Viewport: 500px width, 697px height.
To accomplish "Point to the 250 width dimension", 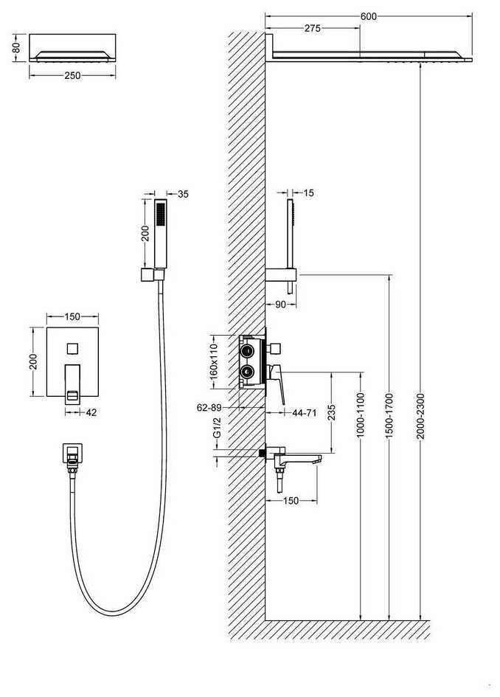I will [x=72, y=74].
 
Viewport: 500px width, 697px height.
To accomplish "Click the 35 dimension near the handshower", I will [x=183, y=194].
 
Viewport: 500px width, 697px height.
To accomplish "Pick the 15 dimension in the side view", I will [x=308, y=193].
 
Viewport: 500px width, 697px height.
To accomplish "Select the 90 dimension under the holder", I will [x=279, y=304].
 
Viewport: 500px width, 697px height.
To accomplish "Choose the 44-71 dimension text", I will [x=304, y=413].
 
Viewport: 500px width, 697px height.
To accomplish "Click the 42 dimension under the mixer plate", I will [x=91, y=413].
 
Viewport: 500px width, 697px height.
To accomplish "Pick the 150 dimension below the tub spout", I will [x=291, y=502].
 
